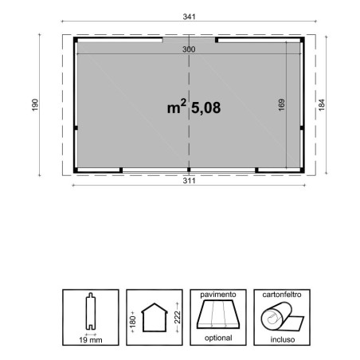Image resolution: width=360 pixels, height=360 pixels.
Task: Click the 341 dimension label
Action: pyautogui.click(x=189, y=17)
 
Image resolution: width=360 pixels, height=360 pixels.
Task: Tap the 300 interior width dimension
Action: pyautogui.click(x=189, y=49)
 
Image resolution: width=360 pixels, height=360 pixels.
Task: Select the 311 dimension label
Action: pyautogui.click(x=189, y=181)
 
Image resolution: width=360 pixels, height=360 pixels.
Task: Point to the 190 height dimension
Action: pyautogui.click(x=35, y=105)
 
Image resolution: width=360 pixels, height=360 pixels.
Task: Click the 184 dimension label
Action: pyautogui.click(x=322, y=105)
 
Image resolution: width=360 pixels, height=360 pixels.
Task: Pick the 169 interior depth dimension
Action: pyautogui.click(x=282, y=105)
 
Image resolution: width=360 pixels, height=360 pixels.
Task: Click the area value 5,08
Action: pyautogui.click(x=206, y=108)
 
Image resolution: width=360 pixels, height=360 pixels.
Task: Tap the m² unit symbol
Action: pyautogui.click(x=177, y=106)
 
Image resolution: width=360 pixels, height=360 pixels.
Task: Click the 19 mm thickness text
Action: pyautogui.click(x=91, y=340)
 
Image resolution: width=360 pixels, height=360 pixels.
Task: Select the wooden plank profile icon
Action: pyautogui.click(x=91, y=311)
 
